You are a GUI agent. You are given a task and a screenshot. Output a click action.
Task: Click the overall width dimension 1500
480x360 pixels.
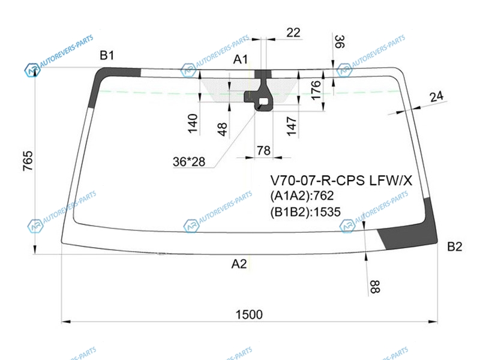[x=249, y=314]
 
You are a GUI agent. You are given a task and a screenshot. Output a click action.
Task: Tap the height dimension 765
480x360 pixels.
[x=28, y=161]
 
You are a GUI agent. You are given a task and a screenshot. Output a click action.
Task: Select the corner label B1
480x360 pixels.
[x=107, y=55]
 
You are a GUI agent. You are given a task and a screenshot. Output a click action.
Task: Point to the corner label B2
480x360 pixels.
[x=455, y=247]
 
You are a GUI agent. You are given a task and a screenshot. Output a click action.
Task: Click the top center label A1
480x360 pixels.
[x=241, y=59]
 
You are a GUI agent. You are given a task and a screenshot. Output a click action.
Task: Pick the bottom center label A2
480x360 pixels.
[x=239, y=263]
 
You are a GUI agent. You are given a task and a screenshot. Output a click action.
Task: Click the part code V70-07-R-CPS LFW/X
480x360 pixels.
[x=341, y=181]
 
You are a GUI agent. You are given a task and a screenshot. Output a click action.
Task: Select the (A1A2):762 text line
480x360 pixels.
[x=302, y=196]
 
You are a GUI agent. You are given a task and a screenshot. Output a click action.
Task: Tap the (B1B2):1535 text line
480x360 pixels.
[x=305, y=212]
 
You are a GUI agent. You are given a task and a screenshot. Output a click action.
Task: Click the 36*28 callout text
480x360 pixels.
[x=189, y=161]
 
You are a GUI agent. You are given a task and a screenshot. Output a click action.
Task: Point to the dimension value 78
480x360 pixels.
[x=263, y=151]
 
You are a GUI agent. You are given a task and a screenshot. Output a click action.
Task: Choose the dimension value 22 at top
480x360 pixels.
[x=293, y=32]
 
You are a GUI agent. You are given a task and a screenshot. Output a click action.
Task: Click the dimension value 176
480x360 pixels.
[x=316, y=90]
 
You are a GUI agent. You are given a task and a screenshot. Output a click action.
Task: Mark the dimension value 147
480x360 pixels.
[x=292, y=126]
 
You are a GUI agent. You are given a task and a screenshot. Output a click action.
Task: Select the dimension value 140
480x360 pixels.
[x=193, y=124]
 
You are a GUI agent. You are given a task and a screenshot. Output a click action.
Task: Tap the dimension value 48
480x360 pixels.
[x=223, y=129]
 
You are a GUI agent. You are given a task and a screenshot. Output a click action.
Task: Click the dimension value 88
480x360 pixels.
[x=374, y=287]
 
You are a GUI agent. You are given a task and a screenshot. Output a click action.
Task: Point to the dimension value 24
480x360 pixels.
[x=437, y=97]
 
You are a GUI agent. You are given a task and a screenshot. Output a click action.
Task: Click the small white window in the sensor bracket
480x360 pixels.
[x=263, y=101]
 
